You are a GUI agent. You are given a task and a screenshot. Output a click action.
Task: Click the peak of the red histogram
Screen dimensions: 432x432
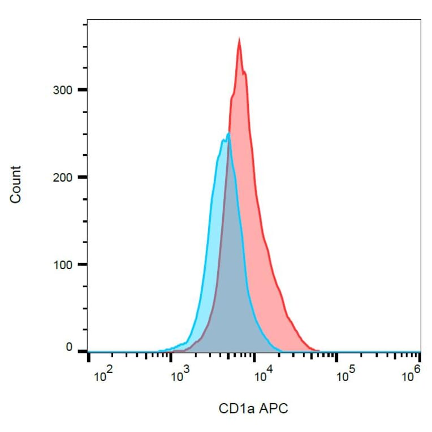(x=239, y=40)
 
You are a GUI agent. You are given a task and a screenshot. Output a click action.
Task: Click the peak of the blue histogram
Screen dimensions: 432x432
(x=228, y=134)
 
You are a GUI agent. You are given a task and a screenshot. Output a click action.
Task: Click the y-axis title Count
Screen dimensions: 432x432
(x=15, y=184)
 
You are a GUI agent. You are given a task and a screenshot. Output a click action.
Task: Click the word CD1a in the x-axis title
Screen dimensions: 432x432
(x=235, y=408)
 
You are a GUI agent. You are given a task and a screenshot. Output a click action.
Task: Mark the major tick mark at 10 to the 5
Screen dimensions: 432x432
(x=336, y=357)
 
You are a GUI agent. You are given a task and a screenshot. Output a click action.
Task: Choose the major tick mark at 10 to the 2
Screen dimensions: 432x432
(x=89, y=357)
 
